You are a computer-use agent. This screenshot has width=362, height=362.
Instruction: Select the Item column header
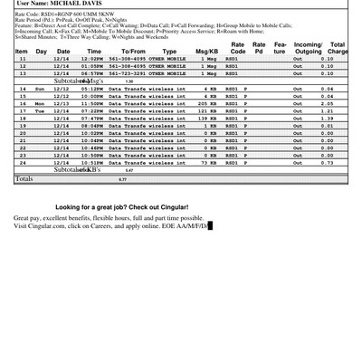click(x=21, y=52)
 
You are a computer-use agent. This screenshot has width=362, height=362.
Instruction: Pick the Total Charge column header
click(x=337, y=48)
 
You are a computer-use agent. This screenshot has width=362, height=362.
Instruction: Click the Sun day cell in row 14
click(x=39, y=89)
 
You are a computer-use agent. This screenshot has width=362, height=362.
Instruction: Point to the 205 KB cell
click(x=208, y=103)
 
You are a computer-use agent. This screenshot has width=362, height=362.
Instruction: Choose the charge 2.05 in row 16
click(x=327, y=103)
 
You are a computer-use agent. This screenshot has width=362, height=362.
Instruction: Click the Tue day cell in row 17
click(x=39, y=110)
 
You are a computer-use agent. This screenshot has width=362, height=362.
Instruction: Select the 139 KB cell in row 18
click(x=208, y=118)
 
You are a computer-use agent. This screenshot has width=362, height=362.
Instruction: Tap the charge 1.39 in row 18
click(x=327, y=118)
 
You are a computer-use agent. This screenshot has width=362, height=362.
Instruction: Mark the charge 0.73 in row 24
click(x=327, y=162)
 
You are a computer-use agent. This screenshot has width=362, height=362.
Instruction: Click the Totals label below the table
click(x=24, y=179)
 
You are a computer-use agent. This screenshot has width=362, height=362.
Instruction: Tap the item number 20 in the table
click(x=21, y=132)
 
